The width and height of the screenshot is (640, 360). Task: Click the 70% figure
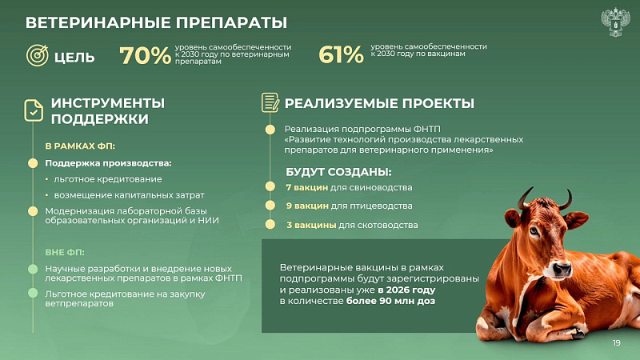(x=145, y=55)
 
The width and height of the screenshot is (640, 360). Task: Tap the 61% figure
(x=341, y=54)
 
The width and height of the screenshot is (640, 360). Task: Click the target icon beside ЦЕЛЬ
(x=38, y=55)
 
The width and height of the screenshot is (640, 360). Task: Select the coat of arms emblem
(x=615, y=22)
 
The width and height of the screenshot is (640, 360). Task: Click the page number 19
(x=616, y=343)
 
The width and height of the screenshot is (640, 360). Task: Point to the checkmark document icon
(x=34, y=110)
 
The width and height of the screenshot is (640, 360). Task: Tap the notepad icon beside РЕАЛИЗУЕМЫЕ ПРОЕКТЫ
(x=270, y=102)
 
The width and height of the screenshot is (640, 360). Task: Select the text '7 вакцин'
(x=306, y=188)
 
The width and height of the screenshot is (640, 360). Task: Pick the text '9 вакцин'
(x=307, y=206)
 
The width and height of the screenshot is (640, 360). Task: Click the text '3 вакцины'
(x=311, y=225)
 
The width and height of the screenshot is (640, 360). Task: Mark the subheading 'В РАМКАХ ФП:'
(x=80, y=146)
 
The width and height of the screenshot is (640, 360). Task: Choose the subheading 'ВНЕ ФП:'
(x=65, y=252)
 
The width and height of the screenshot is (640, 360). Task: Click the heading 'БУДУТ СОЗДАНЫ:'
(x=338, y=172)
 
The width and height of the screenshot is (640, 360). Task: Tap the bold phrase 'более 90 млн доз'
(x=390, y=302)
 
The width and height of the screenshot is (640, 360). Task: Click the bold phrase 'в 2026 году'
(x=406, y=290)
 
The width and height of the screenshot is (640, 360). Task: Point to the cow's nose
(x=562, y=269)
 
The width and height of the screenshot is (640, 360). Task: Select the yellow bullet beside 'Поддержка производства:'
(x=33, y=163)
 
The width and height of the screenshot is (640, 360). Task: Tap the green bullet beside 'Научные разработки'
(x=33, y=269)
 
